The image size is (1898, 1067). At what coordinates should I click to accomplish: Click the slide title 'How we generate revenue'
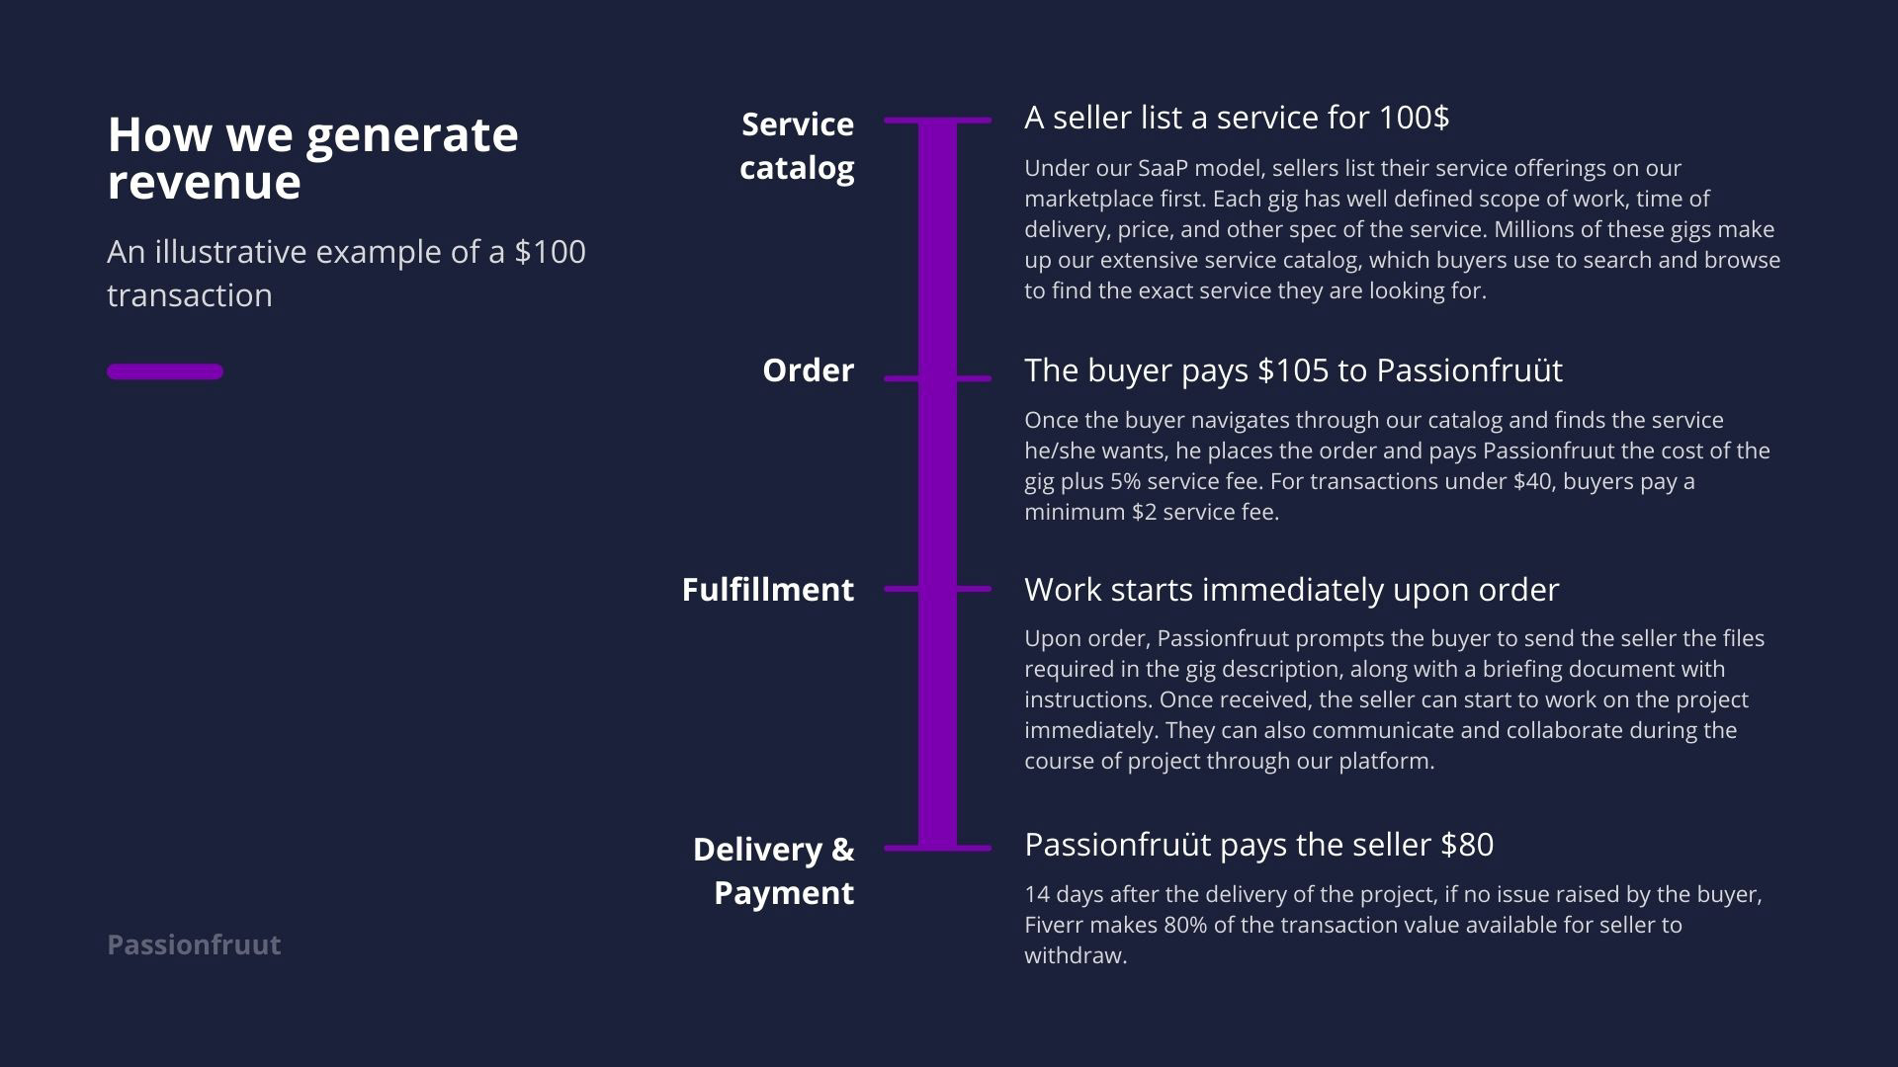coord(312,158)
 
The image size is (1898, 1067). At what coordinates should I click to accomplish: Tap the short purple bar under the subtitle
coord(165,371)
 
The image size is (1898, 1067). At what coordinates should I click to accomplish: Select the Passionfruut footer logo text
coord(194,944)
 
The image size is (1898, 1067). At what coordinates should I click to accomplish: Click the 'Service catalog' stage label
coord(797,145)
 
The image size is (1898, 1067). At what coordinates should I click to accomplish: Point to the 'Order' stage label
coord(808,370)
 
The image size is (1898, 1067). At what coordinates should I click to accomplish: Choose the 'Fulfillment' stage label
coord(768,590)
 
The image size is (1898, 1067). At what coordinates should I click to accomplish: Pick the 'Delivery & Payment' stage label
coord(774,870)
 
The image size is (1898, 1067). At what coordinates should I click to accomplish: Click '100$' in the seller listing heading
coord(1414,118)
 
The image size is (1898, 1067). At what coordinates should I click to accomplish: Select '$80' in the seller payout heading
coord(1467,845)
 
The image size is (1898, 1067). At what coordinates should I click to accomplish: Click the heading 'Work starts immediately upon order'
coord(1291,590)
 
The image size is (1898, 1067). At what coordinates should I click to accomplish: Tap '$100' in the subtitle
coord(550,252)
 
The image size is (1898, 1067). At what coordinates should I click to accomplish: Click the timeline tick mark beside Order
coord(937,378)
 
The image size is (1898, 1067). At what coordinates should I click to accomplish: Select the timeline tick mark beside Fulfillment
coord(937,589)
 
